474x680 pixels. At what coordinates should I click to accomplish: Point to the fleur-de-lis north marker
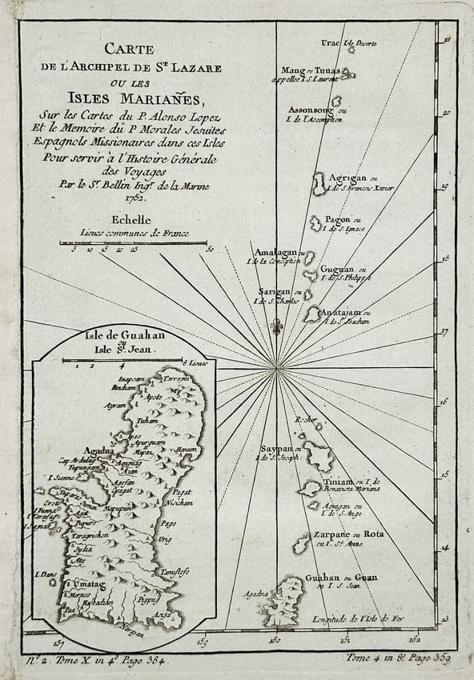pos(277,327)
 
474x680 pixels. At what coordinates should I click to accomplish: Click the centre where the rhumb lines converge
pos(278,368)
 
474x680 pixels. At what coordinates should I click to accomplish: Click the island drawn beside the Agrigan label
pos(319,184)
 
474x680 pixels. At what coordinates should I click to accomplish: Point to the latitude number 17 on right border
pos(446,330)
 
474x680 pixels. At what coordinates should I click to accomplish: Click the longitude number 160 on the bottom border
pos(275,638)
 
